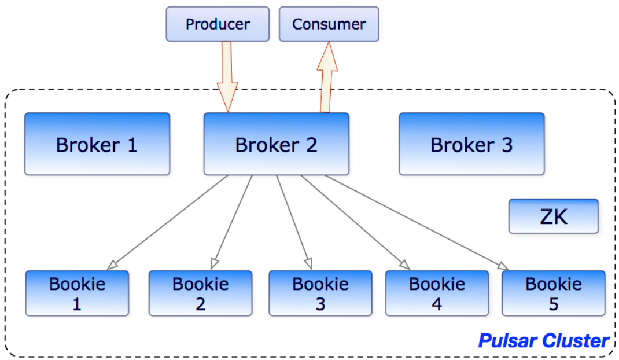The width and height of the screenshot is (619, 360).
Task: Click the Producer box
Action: click(x=218, y=24)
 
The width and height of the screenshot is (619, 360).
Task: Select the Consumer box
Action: click(x=329, y=24)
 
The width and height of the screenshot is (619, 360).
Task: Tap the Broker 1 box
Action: click(x=97, y=144)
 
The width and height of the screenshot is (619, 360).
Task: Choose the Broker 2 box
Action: click(x=277, y=144)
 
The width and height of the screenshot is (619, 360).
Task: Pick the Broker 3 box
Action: click(x=471, y=144)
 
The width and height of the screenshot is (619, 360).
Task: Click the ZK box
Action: click(x=554, y=216)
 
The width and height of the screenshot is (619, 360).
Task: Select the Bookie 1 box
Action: click(x=77, y=293)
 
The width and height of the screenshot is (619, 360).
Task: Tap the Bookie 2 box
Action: click(x=201, y=293)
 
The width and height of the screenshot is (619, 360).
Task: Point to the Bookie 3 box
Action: click(x=320, y=293)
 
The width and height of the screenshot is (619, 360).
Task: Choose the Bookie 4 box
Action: click(x=437, y=293)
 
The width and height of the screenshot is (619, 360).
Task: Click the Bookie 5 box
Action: click(x=554, y=293)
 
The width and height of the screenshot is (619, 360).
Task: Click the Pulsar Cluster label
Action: click(x=544, y=341)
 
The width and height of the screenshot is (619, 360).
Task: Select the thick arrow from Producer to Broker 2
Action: click(x=227, y=77)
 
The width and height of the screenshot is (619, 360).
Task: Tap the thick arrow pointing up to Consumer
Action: click(x=327, y=77)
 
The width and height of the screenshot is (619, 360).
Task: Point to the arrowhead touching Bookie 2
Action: click(x=215, y=263)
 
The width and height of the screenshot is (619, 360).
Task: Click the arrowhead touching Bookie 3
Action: click(x=309, y=263)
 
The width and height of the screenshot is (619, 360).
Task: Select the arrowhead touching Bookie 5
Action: click(x=503, y=266)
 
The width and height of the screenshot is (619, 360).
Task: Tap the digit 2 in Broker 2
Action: click(x=311, y=145)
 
